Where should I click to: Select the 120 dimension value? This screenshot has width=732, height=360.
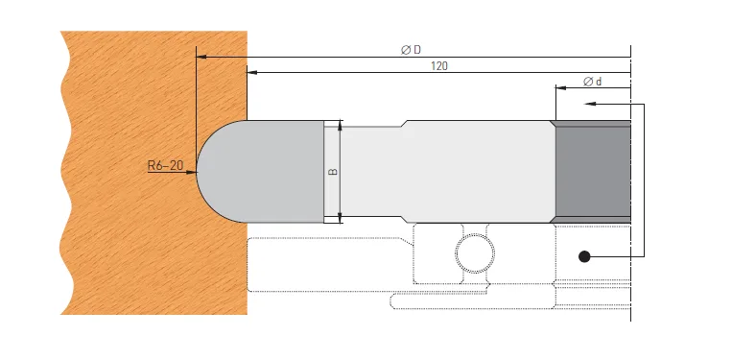coord(439,66)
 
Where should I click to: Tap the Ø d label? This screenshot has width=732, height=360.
coord(592,82)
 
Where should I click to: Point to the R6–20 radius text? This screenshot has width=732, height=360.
coord(165,166)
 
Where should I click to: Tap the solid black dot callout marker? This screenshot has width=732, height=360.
coord(582,255)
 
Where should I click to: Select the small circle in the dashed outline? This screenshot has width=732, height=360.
coord(476,253)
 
